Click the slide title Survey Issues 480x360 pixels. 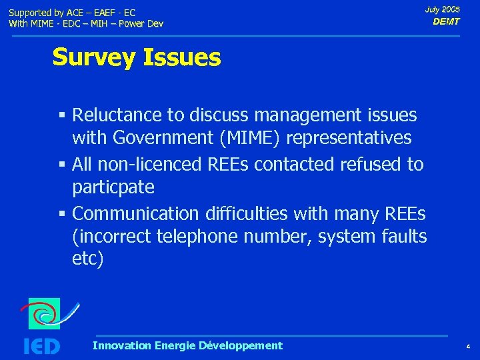136,58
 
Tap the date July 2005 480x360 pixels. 442,9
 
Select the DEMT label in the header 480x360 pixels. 446,21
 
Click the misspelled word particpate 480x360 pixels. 113,187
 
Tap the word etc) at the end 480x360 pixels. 87,259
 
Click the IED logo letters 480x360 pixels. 42,346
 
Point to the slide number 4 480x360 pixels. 468,347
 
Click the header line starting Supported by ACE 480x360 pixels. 72,13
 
